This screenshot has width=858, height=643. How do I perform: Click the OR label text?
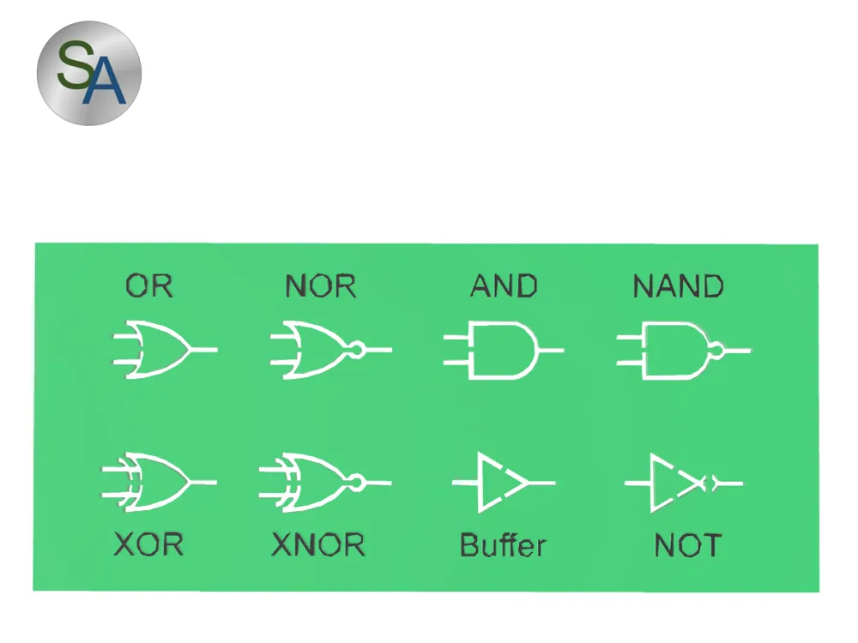point(149,285)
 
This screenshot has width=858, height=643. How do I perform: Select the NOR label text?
point(320,285)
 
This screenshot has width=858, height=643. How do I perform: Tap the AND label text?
point(504,285)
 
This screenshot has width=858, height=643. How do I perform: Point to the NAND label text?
point(678,285)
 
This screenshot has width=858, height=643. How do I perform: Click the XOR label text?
point(148,545)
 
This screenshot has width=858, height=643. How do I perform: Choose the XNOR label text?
point(317,545)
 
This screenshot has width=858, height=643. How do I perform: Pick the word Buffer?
point(503,545)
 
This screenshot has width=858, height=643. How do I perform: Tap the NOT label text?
point(687,545)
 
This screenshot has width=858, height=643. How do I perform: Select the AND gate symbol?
point(502,351)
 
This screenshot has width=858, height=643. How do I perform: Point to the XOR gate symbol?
point(159,482)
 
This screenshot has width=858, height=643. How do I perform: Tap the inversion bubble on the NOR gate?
point(357,350)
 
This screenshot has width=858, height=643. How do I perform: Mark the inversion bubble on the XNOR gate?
point(359,483)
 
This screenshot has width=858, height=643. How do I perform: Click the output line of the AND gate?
point(552,351)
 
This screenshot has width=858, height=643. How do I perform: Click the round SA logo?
point(88,74)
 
